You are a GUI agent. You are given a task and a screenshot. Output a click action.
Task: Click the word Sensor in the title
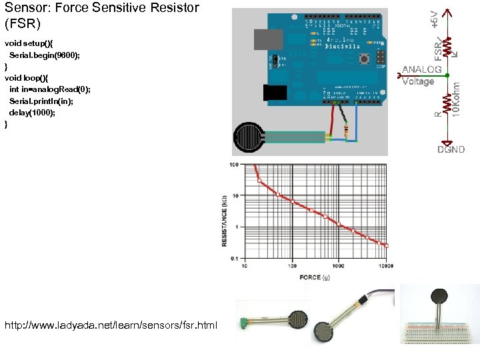26,8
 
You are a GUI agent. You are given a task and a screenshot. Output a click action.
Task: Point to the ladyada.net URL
111,325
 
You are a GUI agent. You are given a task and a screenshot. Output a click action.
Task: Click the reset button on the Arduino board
364,59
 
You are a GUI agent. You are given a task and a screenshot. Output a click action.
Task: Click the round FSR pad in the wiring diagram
249,138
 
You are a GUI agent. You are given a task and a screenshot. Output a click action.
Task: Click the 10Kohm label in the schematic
456,97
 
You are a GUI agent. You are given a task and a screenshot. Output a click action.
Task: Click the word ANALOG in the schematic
421,69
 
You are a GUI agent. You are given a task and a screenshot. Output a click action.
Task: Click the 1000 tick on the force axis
338,265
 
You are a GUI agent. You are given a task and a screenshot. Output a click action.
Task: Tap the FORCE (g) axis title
315,277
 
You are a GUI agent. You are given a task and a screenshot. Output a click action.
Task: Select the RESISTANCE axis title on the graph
225,221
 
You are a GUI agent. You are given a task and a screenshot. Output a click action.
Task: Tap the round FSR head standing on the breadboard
439,295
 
